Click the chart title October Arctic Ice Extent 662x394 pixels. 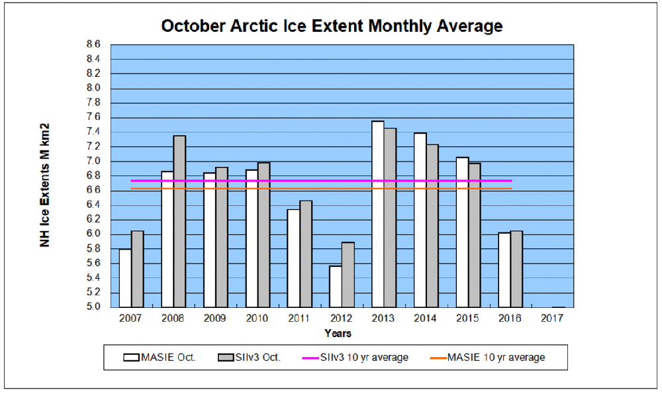pos(332,26)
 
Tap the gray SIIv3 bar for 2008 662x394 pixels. pos(179,221)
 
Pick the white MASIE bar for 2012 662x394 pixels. pos(336,286)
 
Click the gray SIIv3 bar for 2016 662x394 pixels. pos(516,269)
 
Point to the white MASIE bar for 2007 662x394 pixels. pos(125,277)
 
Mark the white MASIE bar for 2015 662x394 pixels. pos(462,232)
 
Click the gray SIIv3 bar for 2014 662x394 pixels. pos(432,226)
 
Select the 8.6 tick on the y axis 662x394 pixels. pos(93,44)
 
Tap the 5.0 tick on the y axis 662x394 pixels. pos(93,307)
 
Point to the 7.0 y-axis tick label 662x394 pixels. pos(93,161)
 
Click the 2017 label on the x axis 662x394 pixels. pos(551,319)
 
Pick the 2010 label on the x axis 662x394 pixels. pos(257,319)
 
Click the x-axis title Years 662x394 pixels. pos(338,333)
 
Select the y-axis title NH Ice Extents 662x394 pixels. pos(45,185)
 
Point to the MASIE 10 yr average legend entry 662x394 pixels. pos(496,358)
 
